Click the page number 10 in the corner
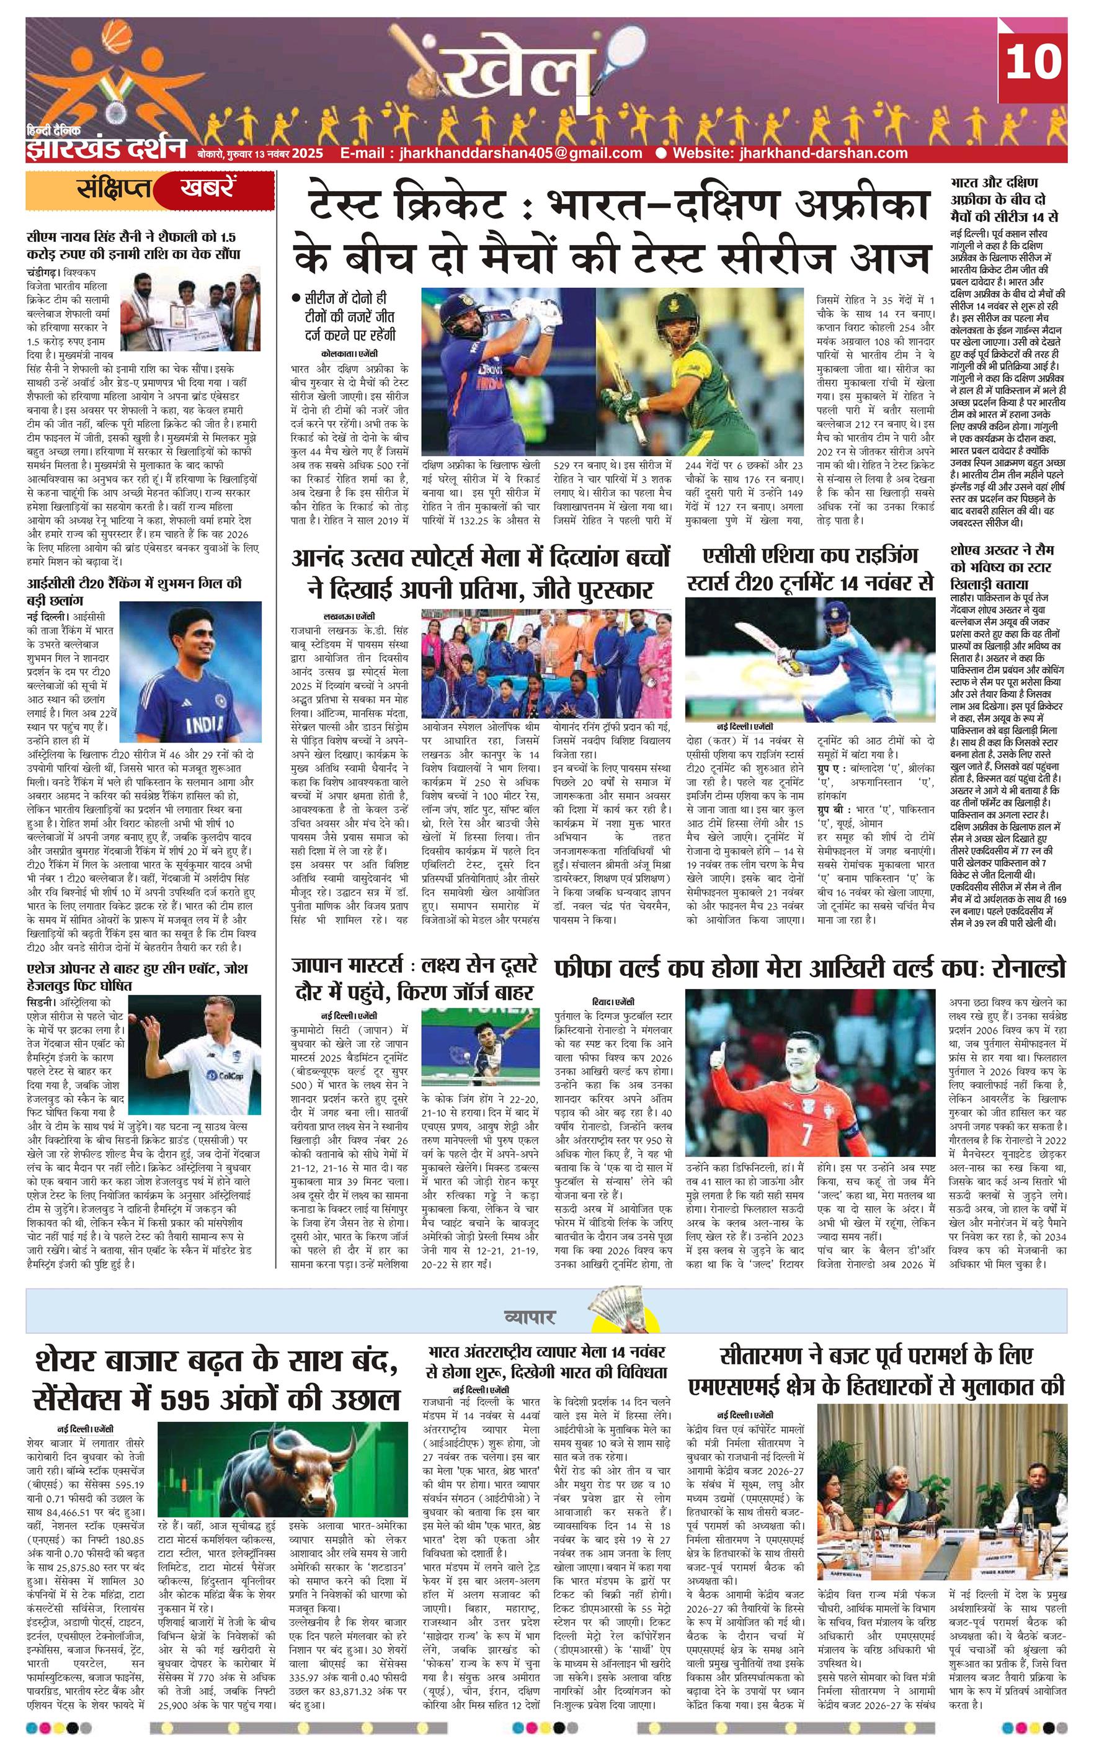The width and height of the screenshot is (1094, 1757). click(1033, 61)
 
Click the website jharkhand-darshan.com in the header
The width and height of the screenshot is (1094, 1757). click(789, 153)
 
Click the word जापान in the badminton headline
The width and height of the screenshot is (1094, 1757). click(319, 966)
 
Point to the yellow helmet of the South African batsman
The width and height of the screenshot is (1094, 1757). click(675, 311)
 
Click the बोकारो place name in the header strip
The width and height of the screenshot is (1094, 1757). click(211, 153)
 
